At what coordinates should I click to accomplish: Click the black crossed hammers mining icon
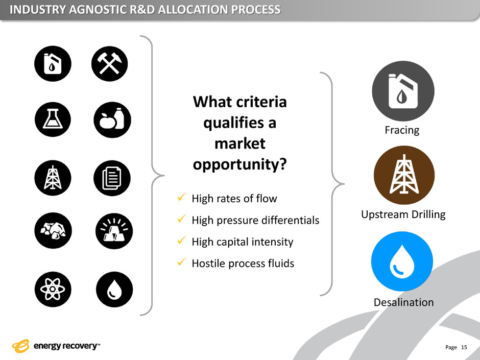(x=110, y=64)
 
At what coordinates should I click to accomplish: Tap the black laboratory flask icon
(x=53, y=119)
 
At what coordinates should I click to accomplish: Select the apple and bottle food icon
(x=112, y=119)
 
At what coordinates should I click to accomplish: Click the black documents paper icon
(x=112, y=178)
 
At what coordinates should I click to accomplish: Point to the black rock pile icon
(x=53, y=230)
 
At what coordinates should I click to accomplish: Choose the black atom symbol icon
(x=53, y=290)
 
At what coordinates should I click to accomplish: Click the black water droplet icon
(x=114, y=290)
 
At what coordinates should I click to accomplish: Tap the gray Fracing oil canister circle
(x=403, y=91)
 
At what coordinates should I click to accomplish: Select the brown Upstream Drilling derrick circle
(x=404, y=175)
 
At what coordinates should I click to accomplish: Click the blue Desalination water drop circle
(x=402, y=261)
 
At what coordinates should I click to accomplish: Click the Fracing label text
(x=402, y=130)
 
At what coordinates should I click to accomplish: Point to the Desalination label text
(x=404, y=302)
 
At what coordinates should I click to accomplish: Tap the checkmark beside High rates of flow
(x=181, y=197)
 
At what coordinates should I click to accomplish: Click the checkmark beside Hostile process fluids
(x=181, y=262)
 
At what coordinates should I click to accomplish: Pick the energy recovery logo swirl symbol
(x=20, y=346)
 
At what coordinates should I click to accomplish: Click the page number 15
(x=464, y=347)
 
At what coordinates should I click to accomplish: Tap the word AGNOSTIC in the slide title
(x=97, y=10)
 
